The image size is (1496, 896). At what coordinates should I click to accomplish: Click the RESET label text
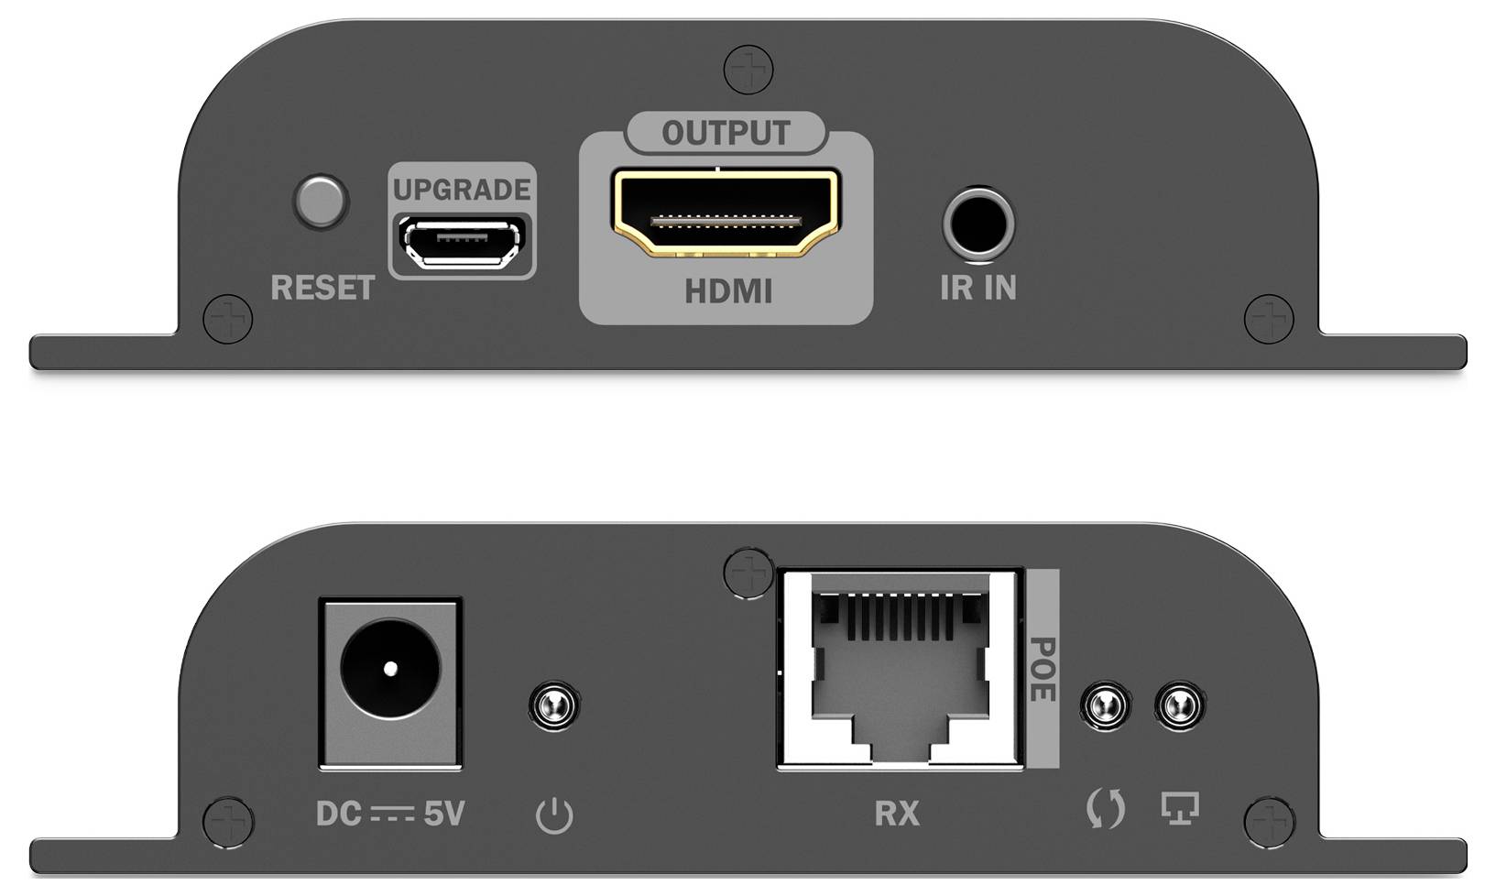pos(322,288)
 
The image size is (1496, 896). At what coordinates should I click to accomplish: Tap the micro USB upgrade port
pos(463,242)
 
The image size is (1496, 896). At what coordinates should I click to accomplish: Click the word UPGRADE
pos(462,190)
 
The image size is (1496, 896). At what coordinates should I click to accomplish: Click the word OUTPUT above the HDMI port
pos(726,134)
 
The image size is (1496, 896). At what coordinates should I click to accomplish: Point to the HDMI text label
pos(728,291)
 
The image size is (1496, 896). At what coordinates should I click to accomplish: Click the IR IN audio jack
pos(977,224)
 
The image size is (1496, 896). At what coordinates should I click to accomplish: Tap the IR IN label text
pos(977,288)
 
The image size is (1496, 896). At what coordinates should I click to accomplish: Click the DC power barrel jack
pos(390,669)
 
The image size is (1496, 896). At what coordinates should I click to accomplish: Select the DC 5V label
pos(390,814)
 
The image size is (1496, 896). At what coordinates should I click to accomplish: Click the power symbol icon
pos(554,814)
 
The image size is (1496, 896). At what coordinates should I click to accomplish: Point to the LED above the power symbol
pos(553,705)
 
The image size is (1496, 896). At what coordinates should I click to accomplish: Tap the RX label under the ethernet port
pos(897,814)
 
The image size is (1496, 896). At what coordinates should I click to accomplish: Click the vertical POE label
pos(1043,669)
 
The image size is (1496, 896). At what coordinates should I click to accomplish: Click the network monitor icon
pos(1180,808)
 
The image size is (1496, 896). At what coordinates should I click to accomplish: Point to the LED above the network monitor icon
pos(1180,705)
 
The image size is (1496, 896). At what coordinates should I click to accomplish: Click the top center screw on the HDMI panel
pos(748,70)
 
